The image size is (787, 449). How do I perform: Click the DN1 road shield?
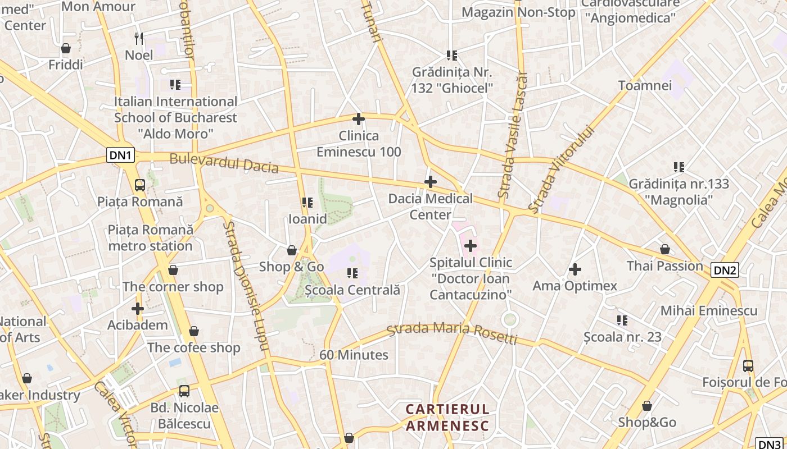click(x=121, y=155)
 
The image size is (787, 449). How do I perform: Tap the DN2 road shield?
click(x=725, y=270)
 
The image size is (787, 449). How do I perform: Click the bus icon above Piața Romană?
click(x=140, y=185)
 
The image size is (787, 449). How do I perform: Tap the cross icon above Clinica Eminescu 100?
click(x=359, y=119)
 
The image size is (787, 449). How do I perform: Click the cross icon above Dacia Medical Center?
click(x=431, y=182)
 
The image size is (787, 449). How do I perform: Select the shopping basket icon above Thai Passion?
click(x=665, y=249)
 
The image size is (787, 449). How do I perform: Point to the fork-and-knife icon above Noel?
click(x=139, y=38)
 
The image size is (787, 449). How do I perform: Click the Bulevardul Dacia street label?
click(x=224, y=163)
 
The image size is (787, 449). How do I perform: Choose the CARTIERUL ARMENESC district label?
click(x=447, y=417)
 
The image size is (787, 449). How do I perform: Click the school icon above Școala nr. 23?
click(x=622, y=320)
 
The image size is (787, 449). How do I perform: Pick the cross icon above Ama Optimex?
click(x=575, y=269)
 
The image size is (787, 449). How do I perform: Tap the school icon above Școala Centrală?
click(x=352, y=273)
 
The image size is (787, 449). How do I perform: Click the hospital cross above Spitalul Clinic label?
click(x=471, y=245)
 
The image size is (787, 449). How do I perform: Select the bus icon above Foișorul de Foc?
click(x=748, y=366)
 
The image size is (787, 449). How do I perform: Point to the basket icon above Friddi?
click(x=66, y=48)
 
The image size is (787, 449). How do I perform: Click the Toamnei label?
click(x=645, y=85)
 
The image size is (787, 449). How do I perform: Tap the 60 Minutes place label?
click(x=354, y=355)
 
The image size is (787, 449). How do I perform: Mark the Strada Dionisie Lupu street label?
click(x=246, y=285)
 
